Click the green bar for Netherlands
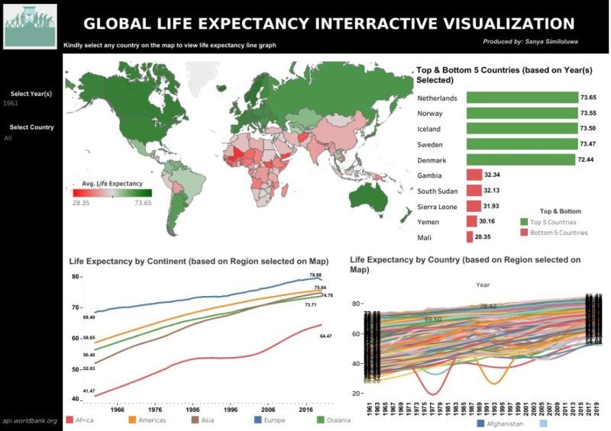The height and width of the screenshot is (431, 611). [x=521, y=98]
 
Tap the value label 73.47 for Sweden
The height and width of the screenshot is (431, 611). [x=588, y=144]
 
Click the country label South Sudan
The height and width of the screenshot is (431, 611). [x=438, y=191]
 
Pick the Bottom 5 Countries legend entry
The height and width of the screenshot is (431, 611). [x=559, y=233]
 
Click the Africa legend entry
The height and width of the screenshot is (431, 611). [x=80, y=420]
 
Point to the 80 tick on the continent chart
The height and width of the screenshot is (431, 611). [x=76, y=276]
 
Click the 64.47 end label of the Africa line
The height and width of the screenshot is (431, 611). [x=326, y=336]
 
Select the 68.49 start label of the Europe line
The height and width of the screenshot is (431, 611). [x=89, y=317]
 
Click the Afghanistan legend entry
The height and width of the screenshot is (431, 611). [x=508, y=423]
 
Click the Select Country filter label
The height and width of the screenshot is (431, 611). [x=31, y=127]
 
